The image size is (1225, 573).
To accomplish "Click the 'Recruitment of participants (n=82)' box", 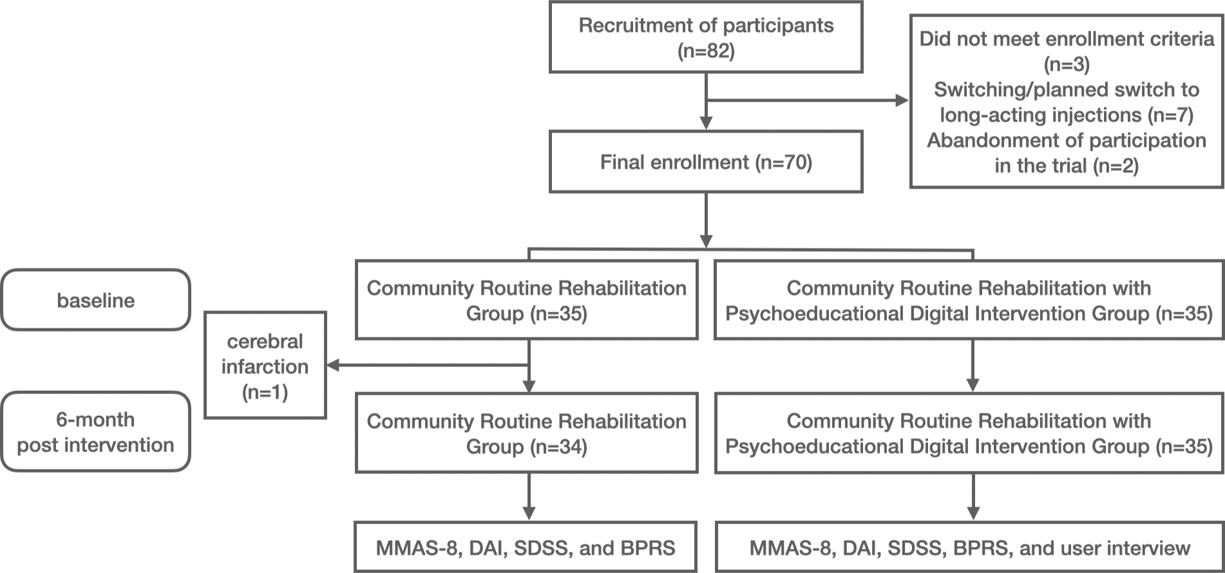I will [x=705, y=37].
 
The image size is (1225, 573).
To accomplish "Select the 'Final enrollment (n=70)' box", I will [x=705, y=162].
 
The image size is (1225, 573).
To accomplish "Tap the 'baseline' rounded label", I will [x=95, y=300].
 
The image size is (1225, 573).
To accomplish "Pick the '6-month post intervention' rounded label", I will [x=95, y=431].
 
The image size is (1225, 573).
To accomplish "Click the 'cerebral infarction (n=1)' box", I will [x=265, y=366].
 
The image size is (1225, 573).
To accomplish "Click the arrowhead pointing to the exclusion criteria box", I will [x=902, y=100].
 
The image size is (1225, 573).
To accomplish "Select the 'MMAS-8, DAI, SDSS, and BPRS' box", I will [x=526, y=547].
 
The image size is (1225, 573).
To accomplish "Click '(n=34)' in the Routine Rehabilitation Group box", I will [x=558, y=447].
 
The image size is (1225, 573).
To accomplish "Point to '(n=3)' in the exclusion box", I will [x=1066, y=64].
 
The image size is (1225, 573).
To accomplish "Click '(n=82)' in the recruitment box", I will [x=705, y=51].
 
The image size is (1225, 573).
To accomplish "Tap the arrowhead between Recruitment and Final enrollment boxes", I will [x=706, y=122].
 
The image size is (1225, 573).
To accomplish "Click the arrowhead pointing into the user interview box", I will [x=973, y=513].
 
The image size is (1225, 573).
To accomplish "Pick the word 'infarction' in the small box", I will [x=265, y=366].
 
